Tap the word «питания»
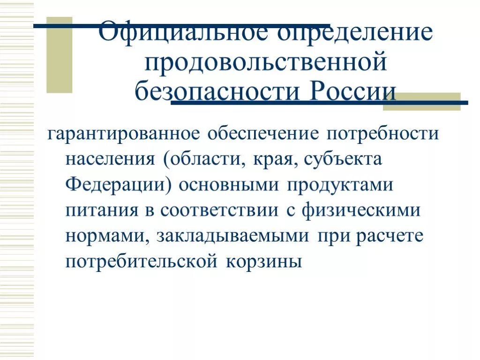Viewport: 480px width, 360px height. coord(101,210)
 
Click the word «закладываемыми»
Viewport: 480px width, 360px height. coord(233,236)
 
